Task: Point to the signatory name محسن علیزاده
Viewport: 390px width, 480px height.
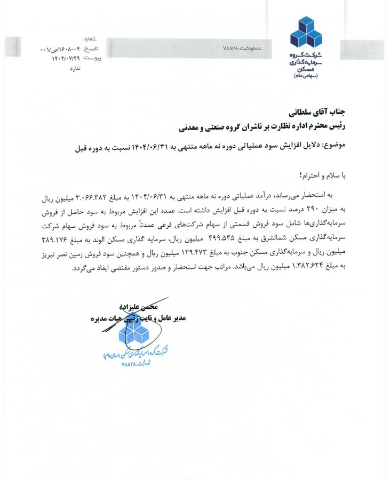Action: tap(141, 306)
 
